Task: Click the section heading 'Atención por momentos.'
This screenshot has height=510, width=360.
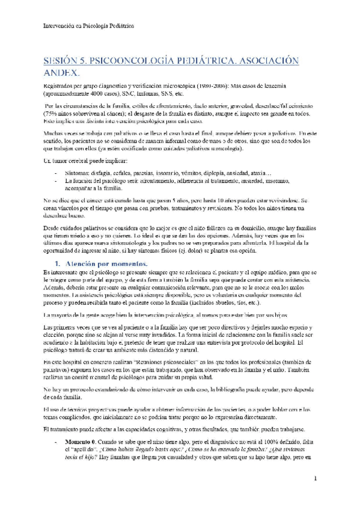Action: click(106, 247)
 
